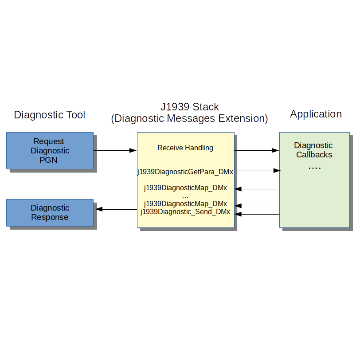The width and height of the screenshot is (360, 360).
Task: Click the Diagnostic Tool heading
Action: [50, 115]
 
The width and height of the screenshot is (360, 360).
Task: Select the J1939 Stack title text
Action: [189, 107]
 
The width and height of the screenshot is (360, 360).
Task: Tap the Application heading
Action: [316, 114]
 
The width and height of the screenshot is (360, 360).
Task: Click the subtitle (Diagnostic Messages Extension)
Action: [189, 119]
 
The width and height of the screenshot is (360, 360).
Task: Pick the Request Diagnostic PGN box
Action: [50, 151]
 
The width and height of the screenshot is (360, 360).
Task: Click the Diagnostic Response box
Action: [50, 213]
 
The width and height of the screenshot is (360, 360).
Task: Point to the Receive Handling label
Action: [185, 148]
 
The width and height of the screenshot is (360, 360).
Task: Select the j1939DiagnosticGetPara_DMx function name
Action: [185, 171]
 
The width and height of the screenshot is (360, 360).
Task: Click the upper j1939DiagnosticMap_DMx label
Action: [185, 188]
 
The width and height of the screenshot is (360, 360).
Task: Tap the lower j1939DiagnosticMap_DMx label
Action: [185, 203]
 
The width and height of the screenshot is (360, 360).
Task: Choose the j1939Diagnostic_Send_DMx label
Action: [185, 212]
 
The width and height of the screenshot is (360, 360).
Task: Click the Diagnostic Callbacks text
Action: [314, 150]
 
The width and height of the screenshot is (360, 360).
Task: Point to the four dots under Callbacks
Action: [314, 168]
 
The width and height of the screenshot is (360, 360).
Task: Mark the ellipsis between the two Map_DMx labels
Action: [185, 196]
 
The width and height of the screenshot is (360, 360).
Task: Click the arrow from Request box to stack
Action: [115, 151]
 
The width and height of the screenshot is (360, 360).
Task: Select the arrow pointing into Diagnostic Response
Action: [116, 209]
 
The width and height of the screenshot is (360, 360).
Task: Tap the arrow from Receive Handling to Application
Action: [256, 151]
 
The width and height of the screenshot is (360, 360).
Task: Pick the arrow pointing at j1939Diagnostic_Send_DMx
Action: [257, 214]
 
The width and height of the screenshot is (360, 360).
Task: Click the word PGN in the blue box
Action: [50, 160]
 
